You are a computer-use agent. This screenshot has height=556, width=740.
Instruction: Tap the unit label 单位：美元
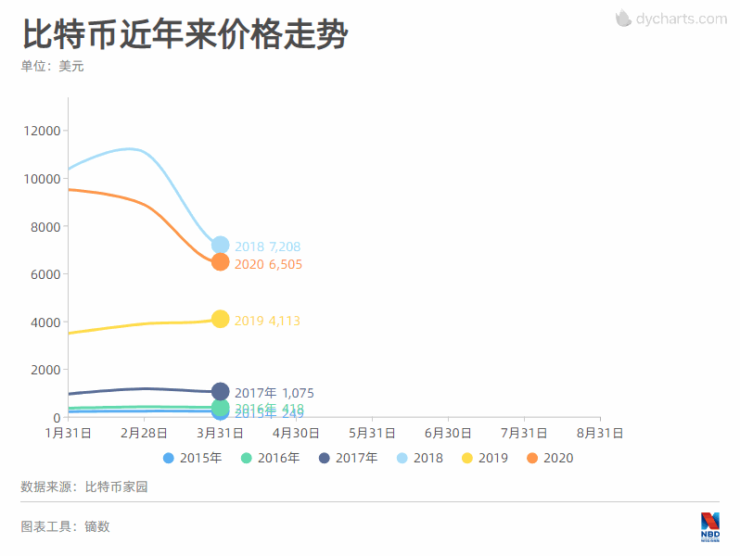click(x=52, y=67)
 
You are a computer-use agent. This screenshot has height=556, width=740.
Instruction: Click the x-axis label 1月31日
click(x=68, y=433)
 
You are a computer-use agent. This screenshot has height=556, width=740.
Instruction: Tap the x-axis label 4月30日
click(x=297, y=433)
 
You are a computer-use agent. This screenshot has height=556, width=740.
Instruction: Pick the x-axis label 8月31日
click(x=600, y=433)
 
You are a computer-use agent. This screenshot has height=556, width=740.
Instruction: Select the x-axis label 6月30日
click(x=448, y=433)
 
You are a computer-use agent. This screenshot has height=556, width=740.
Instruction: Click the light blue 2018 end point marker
click(x=221, y=246)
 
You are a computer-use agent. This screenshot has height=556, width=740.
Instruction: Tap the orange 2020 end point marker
click(x=221, y=262)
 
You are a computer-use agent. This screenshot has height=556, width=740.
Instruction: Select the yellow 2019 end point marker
click(x=221, y=319)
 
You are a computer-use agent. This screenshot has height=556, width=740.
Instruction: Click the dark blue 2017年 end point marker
click(x=221, y=392)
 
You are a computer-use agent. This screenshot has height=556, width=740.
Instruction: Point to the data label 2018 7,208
click(x=267, y=247)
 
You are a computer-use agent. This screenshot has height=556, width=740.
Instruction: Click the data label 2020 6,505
click(x=267, y=265)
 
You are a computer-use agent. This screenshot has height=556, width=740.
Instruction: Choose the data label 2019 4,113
click(x=267, y=322)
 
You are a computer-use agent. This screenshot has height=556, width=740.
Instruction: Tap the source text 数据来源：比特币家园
click(x=84, y=486)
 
